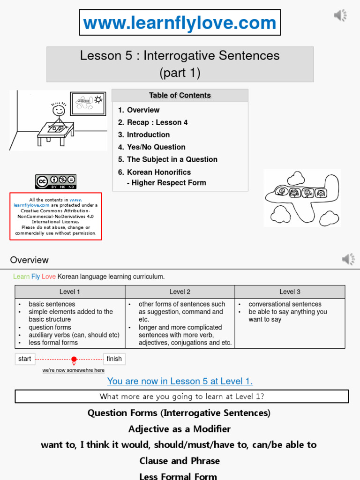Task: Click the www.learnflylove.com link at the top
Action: pos(180,22)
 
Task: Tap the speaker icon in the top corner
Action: pos(340,15)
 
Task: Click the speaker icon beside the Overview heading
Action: pos(348,259)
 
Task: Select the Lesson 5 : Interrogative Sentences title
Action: pos(180,56)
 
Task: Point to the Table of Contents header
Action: pos(180,96)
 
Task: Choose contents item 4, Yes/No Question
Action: pos(151,147)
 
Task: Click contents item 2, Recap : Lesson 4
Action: pos(152,122)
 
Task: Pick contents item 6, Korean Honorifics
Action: pos(154,172)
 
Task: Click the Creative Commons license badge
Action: pos(55,181)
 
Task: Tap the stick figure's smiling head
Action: pos(59,110)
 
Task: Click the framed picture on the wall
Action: pos(88,104)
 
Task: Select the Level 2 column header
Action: pos(180,292)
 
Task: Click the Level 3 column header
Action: pos(290,292)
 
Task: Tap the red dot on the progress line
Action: pos(74,359)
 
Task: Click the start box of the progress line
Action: pos(25,359)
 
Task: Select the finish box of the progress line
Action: pos(114,359)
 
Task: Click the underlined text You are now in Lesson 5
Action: pos(180,381)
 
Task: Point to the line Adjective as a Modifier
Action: pos(180,429)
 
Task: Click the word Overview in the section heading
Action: pos(30,260)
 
